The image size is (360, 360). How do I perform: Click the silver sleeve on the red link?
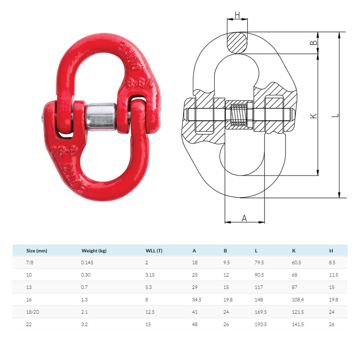click(102, 117)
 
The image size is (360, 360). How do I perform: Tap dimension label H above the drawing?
click(237, 15)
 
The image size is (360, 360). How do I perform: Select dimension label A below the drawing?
click(244, 218)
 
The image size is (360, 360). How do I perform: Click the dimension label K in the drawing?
click(314, 115)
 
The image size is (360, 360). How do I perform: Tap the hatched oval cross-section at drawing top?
click(237, 43)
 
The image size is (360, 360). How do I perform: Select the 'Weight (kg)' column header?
click(94, 251)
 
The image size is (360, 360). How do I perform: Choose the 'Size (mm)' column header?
click(37, 251)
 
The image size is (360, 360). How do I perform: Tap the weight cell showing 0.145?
click(87, 263)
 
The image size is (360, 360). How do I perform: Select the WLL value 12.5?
click(150, 312)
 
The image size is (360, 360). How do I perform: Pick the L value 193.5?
click(261, 324)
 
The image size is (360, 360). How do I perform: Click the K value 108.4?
click(298, 300)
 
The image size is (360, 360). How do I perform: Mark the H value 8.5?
click(332, 263)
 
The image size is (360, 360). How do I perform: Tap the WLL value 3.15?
click(150, 275)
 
